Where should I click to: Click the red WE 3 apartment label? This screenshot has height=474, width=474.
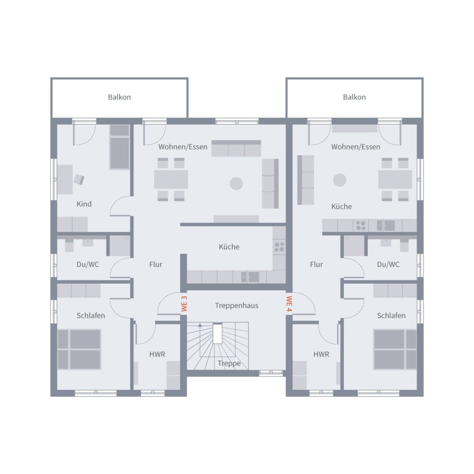pos(184,303)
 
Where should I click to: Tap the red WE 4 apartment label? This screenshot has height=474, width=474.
pos(289,304)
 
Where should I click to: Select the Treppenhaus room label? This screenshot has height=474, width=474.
pos(237,306)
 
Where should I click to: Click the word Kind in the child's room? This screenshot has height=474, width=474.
pos(84,204)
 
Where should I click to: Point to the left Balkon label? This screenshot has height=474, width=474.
pos(119,97)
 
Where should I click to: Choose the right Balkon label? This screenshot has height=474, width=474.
pos(354,97)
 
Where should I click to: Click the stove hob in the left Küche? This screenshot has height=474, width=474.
pos(279,247)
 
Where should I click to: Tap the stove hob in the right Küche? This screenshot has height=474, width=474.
pos(361,226)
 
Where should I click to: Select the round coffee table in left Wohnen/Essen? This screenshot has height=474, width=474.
pos(236,183)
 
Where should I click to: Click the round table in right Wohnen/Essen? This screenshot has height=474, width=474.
pos(340,180)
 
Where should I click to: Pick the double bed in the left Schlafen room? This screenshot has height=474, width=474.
pos(79,349)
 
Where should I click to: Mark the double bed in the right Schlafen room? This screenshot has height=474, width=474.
pos(395,349)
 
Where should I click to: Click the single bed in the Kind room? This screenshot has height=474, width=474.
pos(120,147)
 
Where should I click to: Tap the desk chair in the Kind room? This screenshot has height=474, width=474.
pos(79,180)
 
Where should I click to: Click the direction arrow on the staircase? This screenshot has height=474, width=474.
pos(200,326)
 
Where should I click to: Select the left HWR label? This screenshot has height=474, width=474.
pos(157,354)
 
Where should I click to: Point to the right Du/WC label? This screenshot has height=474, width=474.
pos(388,264)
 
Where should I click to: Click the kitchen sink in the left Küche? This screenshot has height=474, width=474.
pos(251,277)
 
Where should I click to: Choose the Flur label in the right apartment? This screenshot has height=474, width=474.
pos(316,264)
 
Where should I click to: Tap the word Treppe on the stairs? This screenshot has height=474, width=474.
pos(229,363)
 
